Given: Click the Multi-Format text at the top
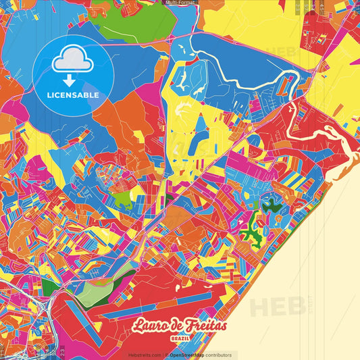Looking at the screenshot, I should [x=180, y=3].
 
